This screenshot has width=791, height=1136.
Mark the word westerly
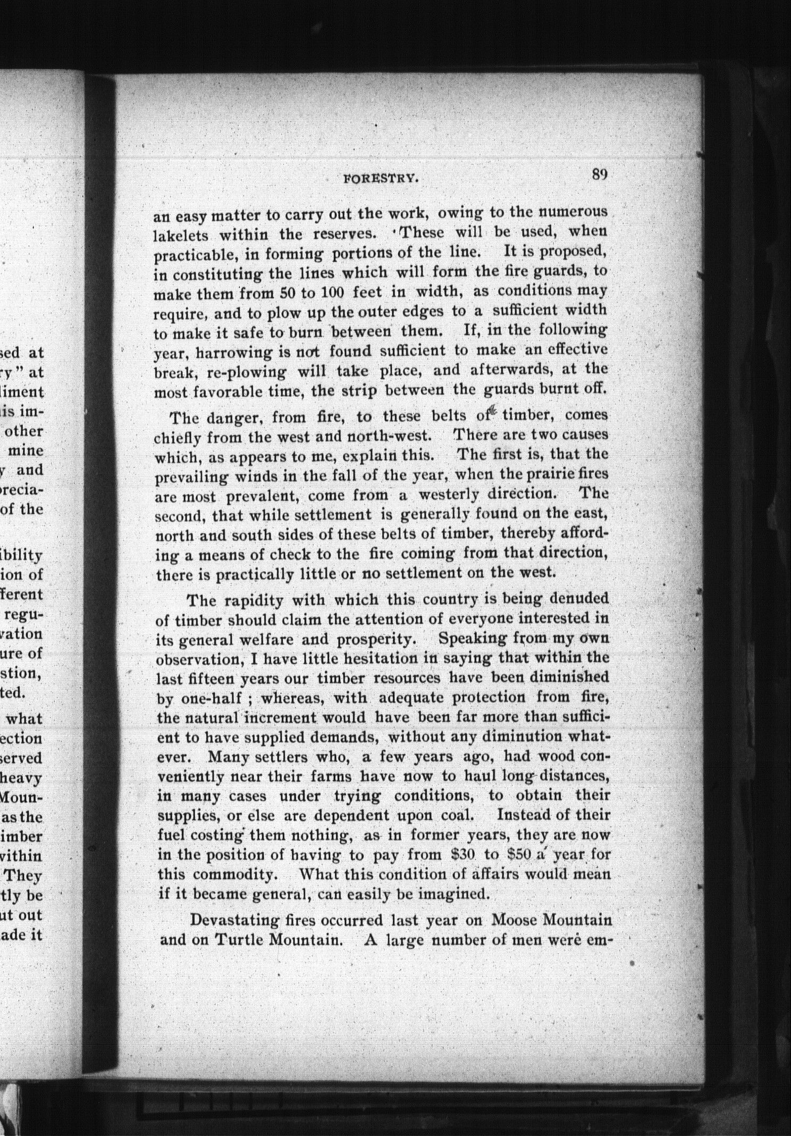(449, 494)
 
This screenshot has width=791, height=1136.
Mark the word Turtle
(240, 939)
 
